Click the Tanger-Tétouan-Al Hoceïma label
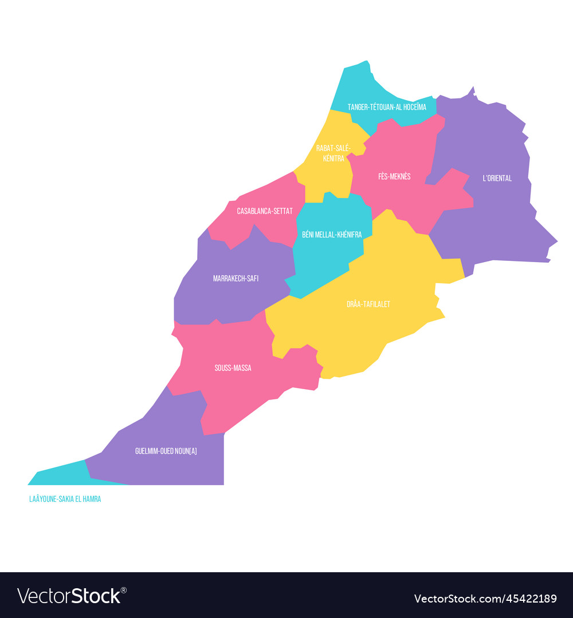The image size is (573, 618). [x=387, y=107]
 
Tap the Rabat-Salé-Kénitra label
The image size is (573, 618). [x=333, y=153]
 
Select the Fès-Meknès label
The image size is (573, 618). [x=394, y=177]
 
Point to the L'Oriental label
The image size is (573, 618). [x=497, y=179]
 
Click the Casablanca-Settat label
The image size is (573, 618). [x=265, y=211]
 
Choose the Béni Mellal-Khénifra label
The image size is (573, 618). [x=332, y=235]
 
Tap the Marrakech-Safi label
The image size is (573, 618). [x=236, y=279]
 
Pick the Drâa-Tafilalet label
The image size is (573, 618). [x=368, y=304]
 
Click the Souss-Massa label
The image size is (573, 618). [x=233, y=368]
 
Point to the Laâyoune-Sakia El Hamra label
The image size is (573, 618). [x=65, y=499]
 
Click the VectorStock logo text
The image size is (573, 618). [x=69, y=596]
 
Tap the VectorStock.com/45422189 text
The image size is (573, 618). [x=485, y=599]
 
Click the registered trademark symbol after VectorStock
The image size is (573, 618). [x=123, y=590]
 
